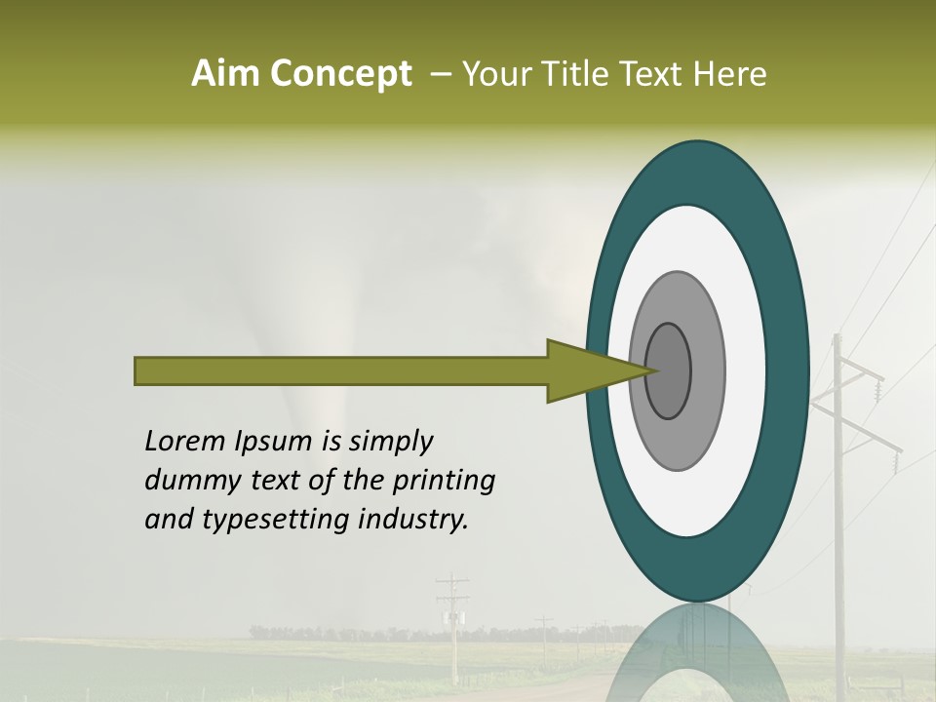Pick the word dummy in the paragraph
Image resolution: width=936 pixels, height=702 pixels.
click(187, 481)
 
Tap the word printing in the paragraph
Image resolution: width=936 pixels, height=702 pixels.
click(442, 482)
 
